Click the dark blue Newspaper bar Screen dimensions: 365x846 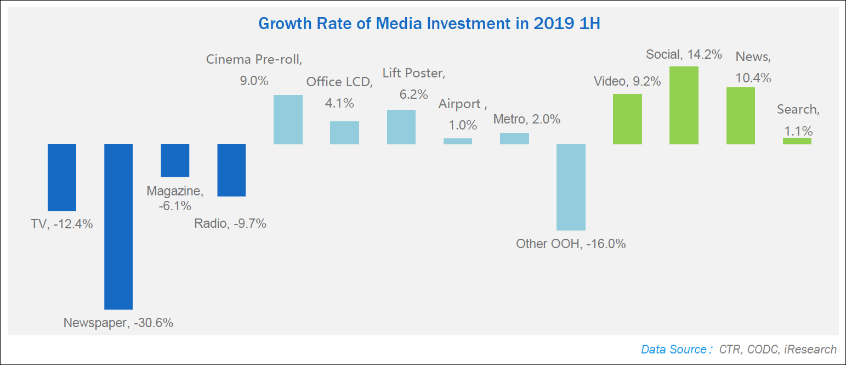[118, 226]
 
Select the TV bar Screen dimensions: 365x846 [62, 177]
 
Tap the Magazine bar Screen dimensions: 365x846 [175, 160]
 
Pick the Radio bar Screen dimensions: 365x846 [231, 170]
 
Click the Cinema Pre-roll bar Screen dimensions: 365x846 [288, 120]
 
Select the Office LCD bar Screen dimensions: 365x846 [344, 133]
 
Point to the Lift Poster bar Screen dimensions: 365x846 [401, 127]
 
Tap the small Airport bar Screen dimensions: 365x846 [458, 141]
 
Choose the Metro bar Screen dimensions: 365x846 [514, 138]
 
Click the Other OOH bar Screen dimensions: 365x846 [571, 187]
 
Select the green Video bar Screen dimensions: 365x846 [627, 119]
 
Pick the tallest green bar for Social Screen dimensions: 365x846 [684, 105]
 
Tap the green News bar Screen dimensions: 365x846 [741, 116]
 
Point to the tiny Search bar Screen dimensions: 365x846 [797, 141]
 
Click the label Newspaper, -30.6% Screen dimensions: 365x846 [118, 323]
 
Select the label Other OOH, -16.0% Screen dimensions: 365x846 [571, 244]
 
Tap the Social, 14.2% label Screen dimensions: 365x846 [684, 54]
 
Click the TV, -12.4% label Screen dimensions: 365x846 [62, 224]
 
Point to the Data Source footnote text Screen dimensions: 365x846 [739, 349]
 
